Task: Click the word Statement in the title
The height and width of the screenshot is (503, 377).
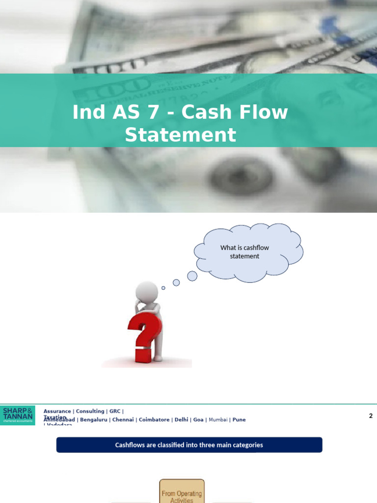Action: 180,135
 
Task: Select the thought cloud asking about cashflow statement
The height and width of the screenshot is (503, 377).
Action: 248,252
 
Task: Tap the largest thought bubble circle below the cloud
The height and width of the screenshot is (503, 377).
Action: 192,276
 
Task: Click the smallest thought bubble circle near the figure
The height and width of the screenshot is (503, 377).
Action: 163,288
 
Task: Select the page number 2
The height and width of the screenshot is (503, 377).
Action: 371,416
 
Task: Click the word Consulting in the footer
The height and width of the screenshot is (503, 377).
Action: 90,411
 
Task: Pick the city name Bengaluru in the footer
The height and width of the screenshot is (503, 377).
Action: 94,419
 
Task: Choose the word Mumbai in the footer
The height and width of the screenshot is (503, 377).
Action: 218,419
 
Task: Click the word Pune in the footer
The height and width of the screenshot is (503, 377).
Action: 239,419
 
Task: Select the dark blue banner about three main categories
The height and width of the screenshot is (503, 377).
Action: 189,445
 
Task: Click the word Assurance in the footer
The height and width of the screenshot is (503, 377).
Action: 57,411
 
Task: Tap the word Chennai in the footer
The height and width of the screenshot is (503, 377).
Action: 124,419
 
